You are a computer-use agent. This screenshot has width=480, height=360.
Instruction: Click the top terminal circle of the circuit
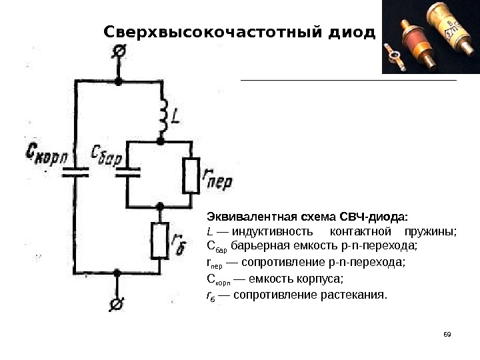[119, 50]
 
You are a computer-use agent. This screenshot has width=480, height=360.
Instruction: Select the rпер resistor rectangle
[191, 175]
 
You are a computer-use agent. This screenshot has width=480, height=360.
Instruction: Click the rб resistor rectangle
[159, 241]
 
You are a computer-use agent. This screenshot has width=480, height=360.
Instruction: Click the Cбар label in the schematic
[107, 159]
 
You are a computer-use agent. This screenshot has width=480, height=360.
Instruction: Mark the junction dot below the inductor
[160, 141]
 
